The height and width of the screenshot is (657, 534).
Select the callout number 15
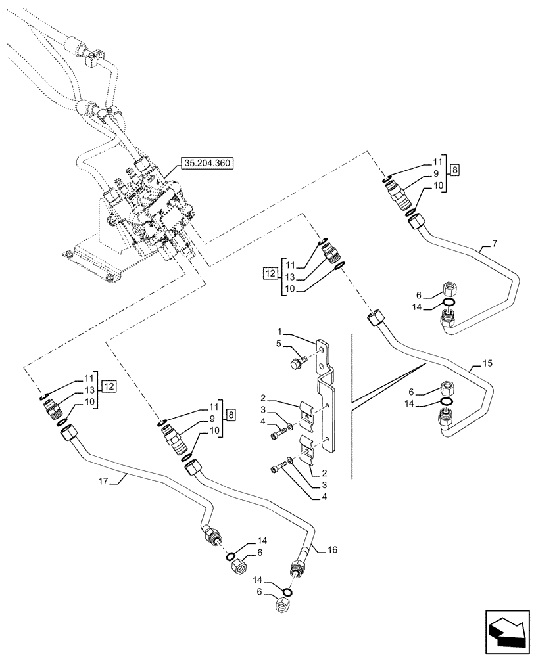click(486, 363)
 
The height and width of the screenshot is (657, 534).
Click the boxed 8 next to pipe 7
click(455, 170)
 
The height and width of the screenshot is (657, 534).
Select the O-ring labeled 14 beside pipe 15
click(445, 401)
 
